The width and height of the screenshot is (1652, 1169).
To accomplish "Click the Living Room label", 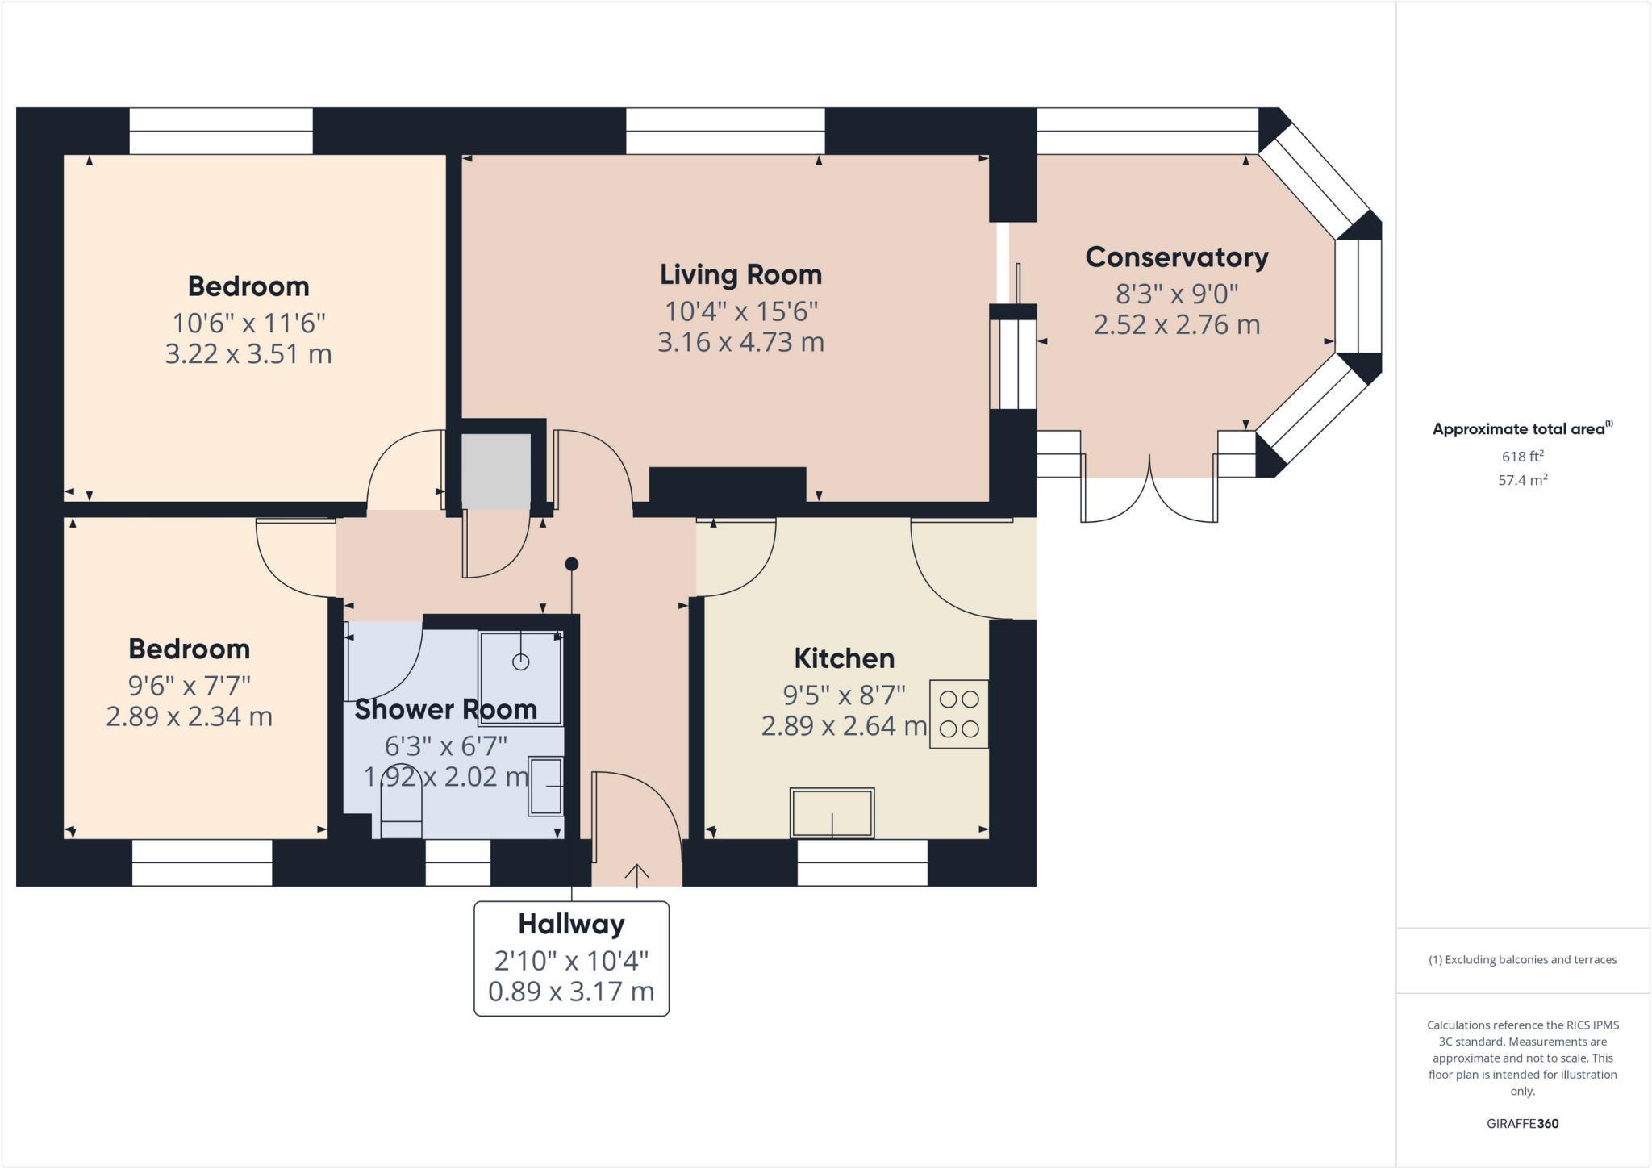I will [740, 275].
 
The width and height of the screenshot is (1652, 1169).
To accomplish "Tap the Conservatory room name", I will [1176, 257].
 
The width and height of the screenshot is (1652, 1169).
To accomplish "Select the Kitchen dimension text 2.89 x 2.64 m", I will [844, 726].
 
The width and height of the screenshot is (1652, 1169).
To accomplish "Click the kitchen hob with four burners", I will [958, 714].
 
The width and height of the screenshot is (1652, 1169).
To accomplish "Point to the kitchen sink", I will [832, 813].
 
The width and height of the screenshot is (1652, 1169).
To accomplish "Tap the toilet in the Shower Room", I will [401, 802].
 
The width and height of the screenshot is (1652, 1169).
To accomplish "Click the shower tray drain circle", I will [521, 662].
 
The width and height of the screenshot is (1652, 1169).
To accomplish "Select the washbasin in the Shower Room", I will [546, 786].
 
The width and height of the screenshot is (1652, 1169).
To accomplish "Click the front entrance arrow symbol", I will [636, 875].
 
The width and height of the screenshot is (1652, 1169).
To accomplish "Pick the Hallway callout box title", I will [571, 925].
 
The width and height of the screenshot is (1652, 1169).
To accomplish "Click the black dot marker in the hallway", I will [572, 564].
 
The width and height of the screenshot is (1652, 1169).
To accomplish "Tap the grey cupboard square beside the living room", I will [495, 471].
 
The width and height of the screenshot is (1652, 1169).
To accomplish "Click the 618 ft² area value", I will [1522, 457].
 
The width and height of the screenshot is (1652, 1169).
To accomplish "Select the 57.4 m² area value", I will [1522, 480].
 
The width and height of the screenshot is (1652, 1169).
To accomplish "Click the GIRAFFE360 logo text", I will [1522, 1123].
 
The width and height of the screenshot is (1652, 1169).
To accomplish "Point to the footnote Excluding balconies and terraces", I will [1522, 960].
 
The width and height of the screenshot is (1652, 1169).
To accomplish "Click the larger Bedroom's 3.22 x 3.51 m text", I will [248, 354].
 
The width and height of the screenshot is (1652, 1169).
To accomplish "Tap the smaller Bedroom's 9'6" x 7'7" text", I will [190, 686].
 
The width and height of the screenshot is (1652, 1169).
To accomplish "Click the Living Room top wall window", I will [725, 131].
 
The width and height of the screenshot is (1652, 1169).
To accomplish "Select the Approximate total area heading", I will [1520, 429].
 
